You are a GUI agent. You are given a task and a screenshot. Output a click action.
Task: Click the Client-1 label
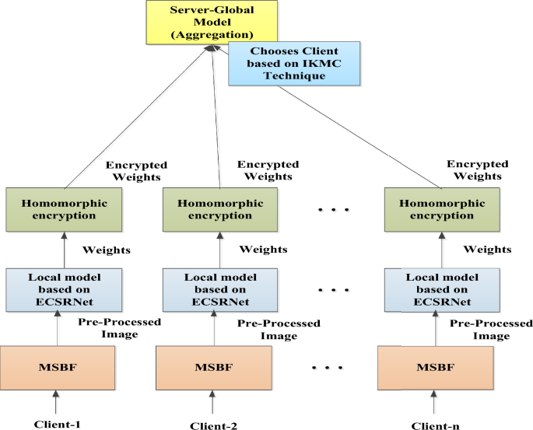click(x=58, y=424)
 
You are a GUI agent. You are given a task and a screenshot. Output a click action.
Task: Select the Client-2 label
click(x=213, y=425)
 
